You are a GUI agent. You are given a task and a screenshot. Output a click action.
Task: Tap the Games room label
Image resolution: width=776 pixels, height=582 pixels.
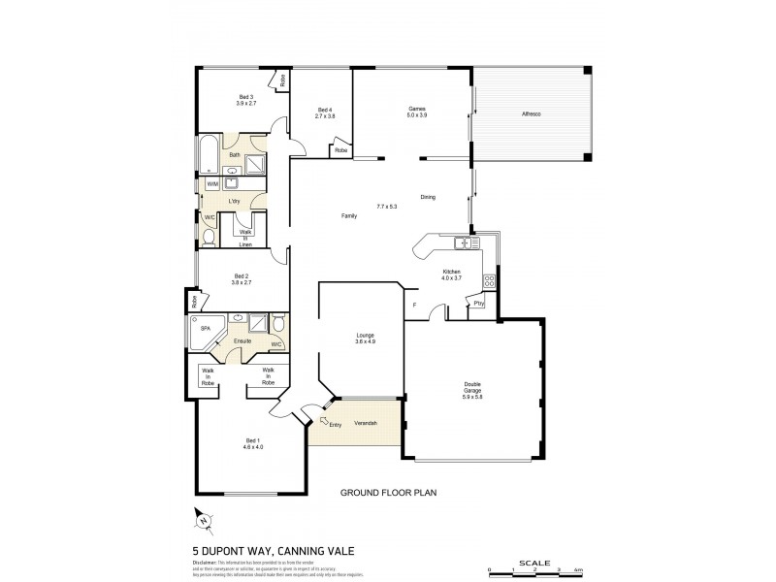416,112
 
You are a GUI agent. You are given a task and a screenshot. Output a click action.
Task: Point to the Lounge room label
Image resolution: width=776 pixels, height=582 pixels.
364,339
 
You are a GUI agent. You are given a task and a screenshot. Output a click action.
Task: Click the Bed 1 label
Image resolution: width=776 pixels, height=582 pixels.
255,445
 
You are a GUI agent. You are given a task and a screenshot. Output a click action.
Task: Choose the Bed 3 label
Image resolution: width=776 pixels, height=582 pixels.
245,99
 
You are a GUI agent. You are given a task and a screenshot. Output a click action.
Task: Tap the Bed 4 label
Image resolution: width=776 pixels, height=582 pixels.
324,113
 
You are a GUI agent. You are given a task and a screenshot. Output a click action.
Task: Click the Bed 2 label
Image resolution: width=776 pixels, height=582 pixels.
241,279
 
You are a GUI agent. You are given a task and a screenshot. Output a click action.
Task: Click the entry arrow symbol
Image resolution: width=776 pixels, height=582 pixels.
323,420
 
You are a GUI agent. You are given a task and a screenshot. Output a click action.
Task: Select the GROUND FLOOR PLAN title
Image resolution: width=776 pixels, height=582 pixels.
388,493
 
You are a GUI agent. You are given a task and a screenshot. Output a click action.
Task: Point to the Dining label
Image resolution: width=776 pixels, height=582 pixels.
428,197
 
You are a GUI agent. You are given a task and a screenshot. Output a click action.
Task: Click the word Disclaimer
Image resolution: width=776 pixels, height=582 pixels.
208,561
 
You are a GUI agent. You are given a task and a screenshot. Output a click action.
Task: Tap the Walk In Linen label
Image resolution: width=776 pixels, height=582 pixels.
245,238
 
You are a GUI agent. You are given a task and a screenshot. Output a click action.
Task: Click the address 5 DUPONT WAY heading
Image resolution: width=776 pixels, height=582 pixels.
274,550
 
